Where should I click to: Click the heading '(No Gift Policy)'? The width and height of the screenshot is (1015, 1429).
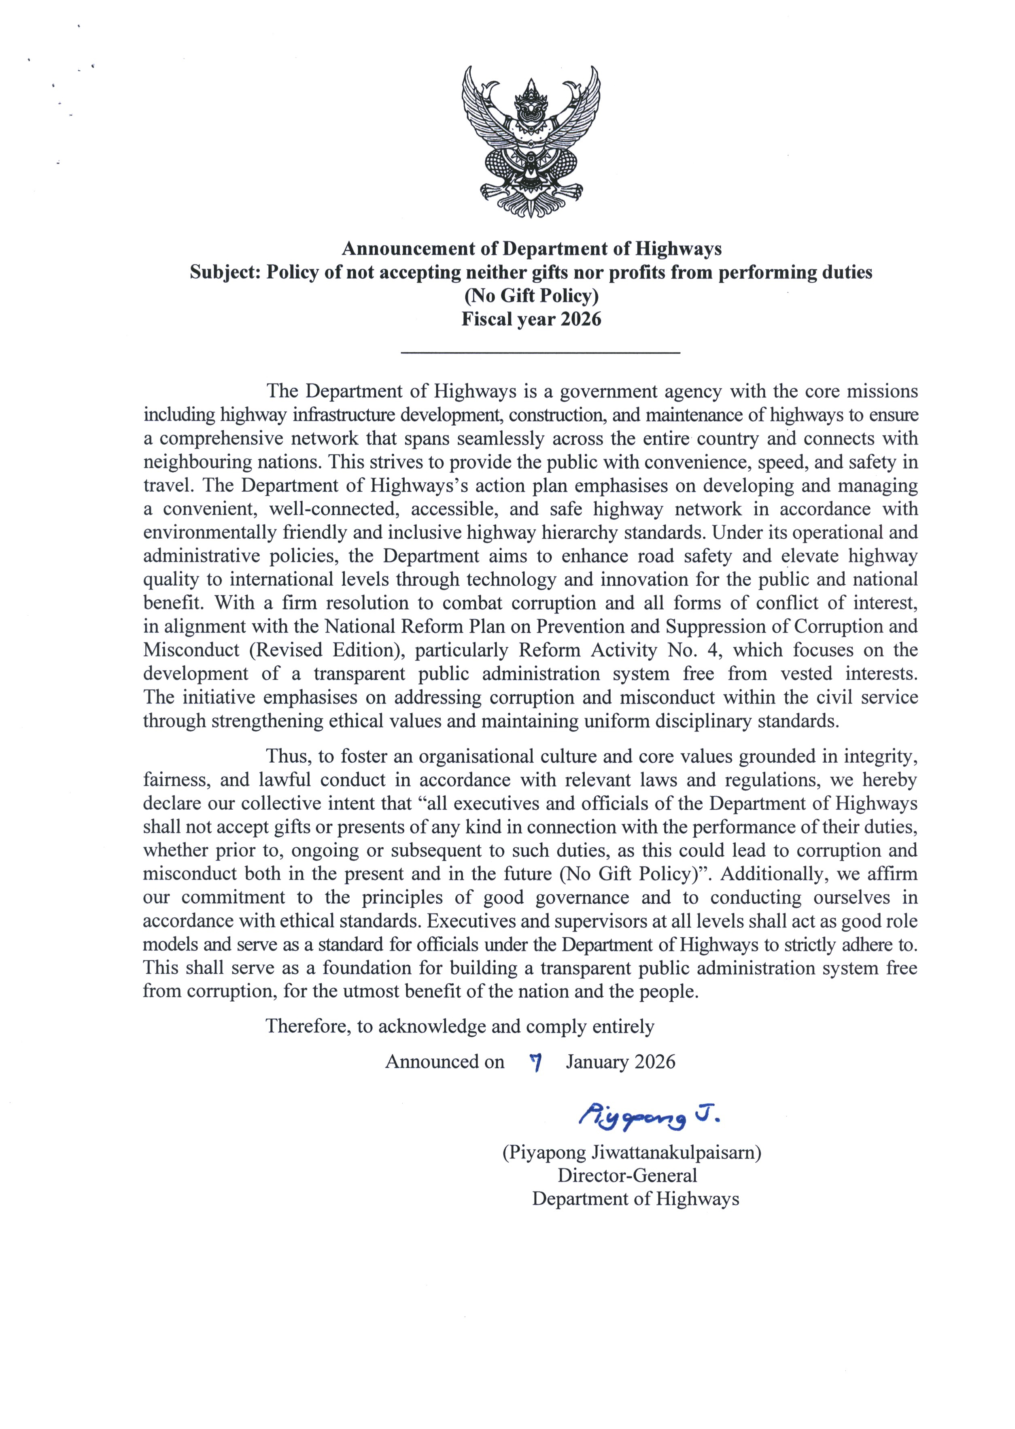click(531, 295)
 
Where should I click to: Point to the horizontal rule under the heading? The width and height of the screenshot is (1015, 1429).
click(540, 354)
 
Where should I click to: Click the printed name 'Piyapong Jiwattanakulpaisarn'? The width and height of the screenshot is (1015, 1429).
click(632, 1152)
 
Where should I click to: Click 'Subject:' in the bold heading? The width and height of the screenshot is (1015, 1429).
click(226, 272)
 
